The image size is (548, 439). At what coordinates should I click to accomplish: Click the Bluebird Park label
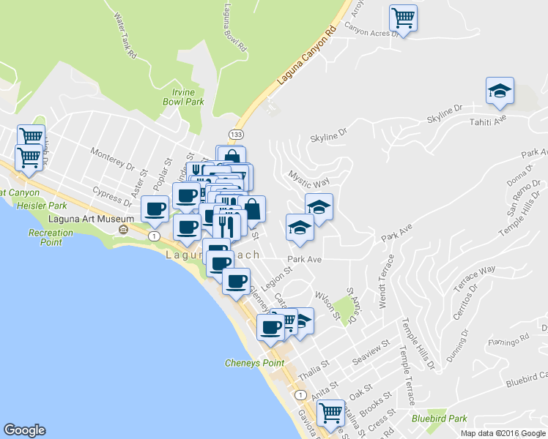point(439,419)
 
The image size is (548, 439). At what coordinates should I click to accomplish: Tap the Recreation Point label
point(52,237)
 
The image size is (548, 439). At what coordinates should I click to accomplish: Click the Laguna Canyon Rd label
point(306,55)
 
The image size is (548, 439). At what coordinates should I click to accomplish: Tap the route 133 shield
point(235,135)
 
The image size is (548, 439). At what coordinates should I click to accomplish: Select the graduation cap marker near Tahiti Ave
point(500,91)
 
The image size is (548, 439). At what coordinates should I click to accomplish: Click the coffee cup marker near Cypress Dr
point(155,209)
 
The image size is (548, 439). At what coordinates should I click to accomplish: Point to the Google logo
point(24,430)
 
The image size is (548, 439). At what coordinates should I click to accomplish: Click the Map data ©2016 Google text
point(503,433)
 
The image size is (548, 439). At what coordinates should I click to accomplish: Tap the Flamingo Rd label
point(508,340)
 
